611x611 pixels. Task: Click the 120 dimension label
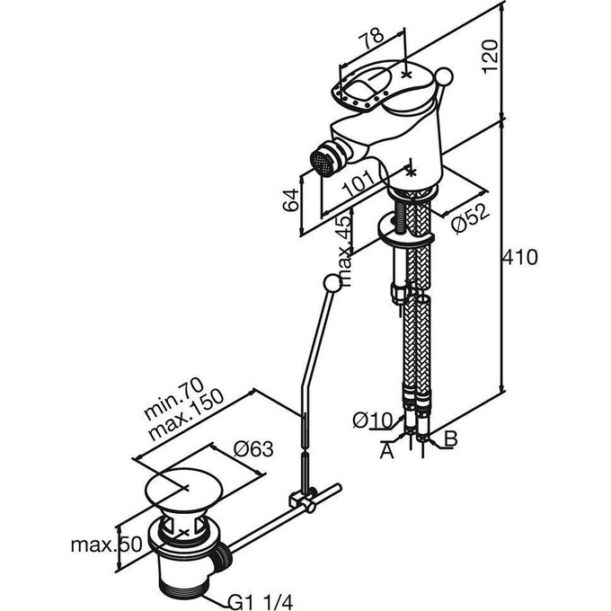point(490,56)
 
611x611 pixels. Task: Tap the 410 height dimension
point(520,258)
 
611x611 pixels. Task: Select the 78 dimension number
point(371,39)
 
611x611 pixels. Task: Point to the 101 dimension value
point(359,183)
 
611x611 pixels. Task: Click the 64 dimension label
point(291,199)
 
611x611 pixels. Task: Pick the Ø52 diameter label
point(470,219)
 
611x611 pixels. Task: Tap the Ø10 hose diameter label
point(372,421)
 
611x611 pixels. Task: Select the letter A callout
point(387,452)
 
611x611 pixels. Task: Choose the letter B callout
point(450,438)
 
